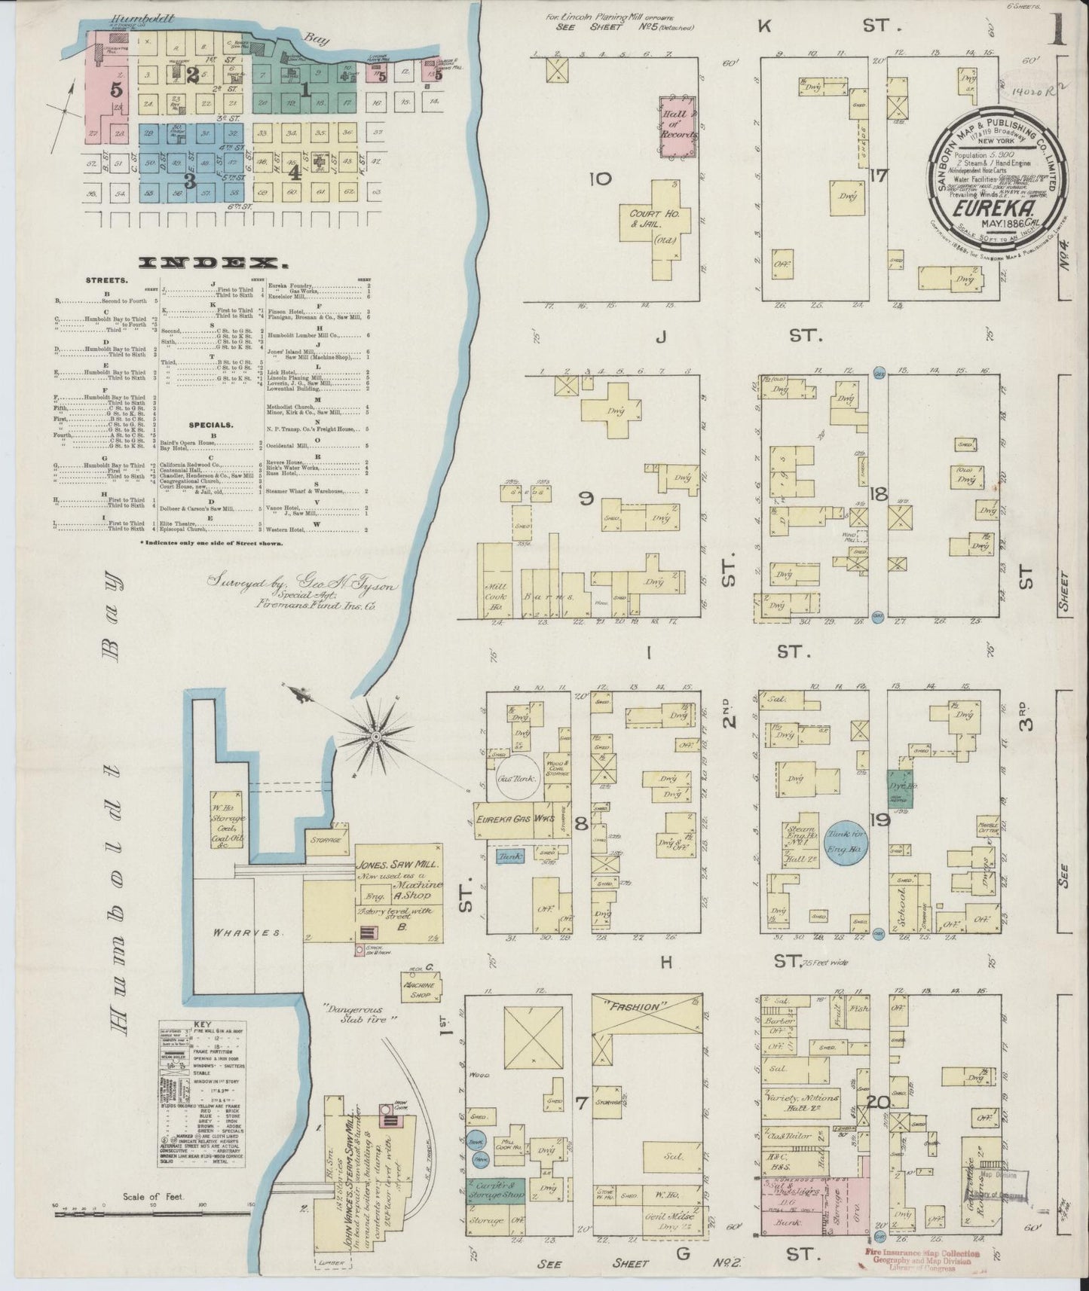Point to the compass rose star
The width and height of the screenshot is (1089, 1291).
(375, 734)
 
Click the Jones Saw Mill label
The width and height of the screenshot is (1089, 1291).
(399, 868)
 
